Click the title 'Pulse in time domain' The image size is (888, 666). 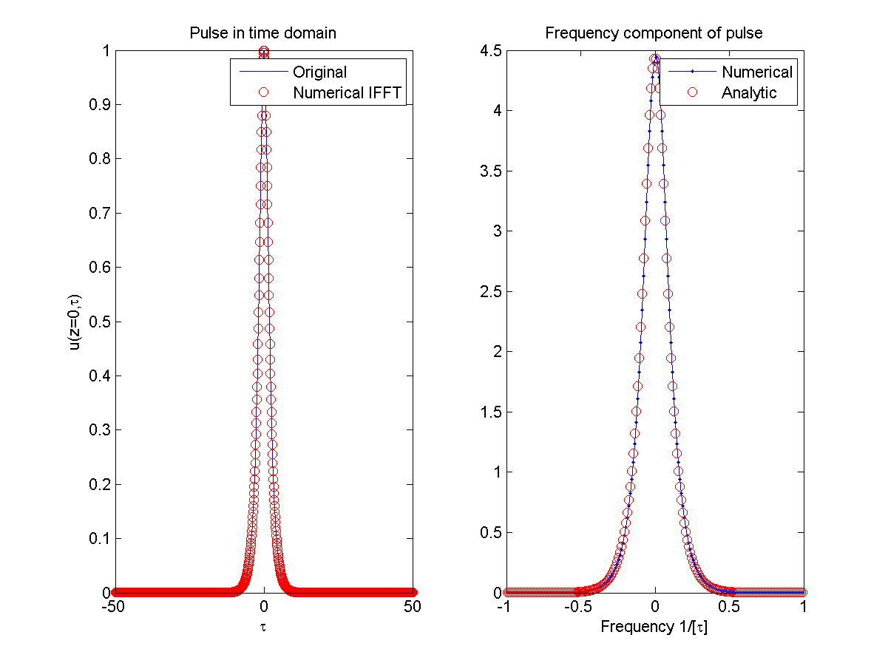pos(263,33)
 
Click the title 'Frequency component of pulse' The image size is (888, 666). pos(654,33)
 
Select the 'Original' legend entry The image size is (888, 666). pos(319,72)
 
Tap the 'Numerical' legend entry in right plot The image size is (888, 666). pos(756,72)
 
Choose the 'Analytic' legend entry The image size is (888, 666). pos(749,93)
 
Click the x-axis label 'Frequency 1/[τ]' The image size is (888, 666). pos(654,628)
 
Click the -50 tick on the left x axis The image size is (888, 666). pos(113,607)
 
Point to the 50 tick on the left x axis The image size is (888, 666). pos(413,607)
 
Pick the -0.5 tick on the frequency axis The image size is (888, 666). pos(579,607)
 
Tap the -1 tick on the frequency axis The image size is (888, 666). pos(504,607)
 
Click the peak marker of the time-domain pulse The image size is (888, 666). pos(263,52)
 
